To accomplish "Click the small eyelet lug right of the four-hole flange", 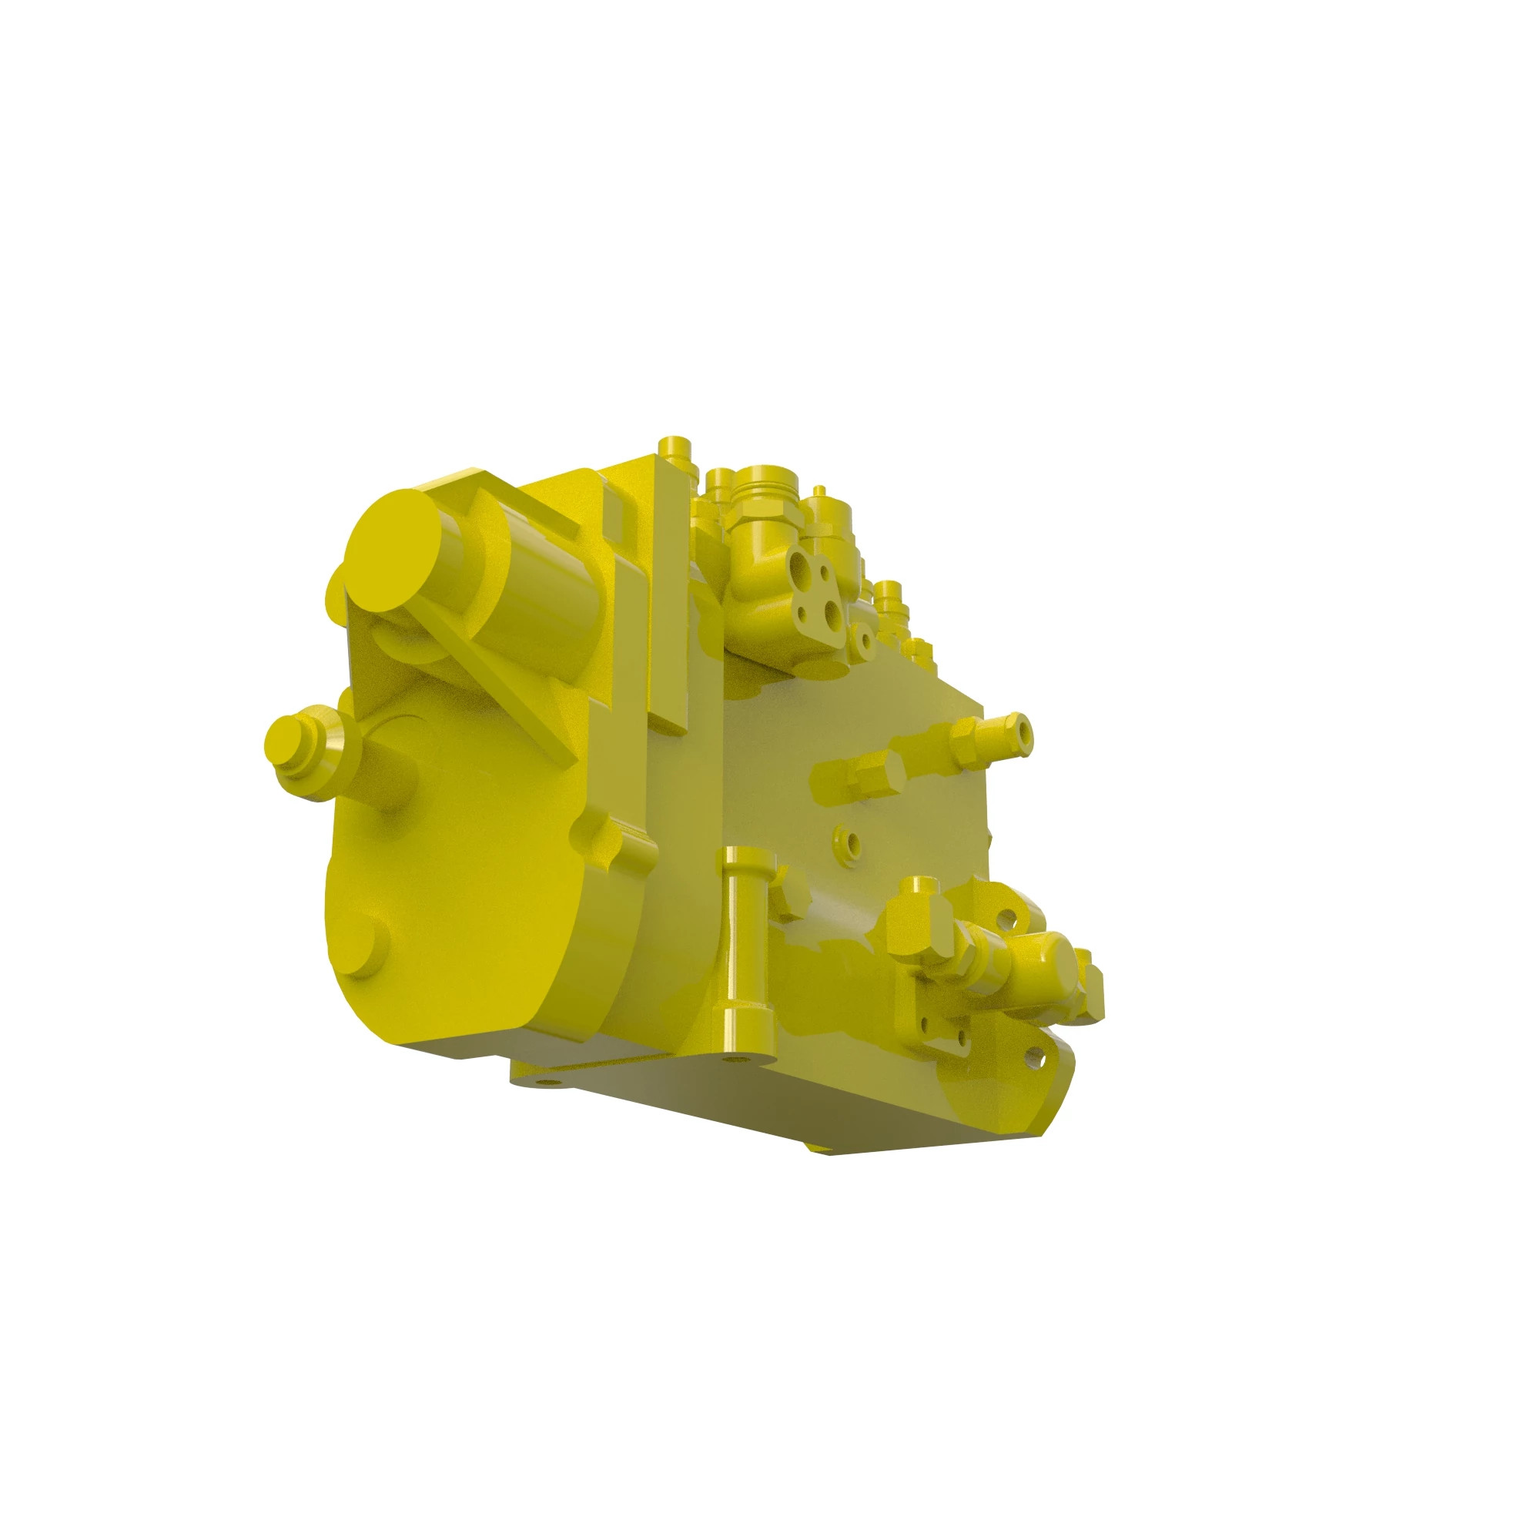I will tap(862, 636).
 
